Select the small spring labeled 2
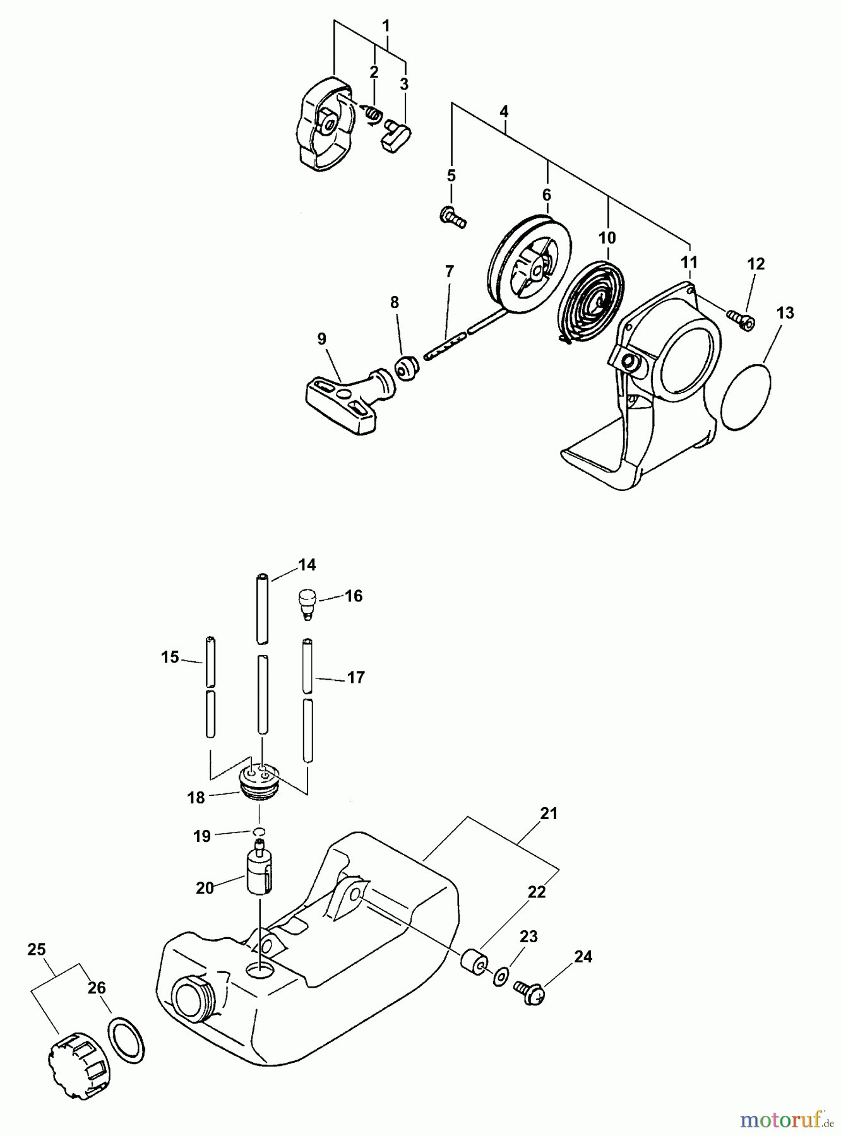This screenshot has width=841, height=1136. click(373, 114)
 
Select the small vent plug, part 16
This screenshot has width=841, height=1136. click(306, 603)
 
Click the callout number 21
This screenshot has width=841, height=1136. click(549, 814)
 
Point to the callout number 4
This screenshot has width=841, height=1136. click(503, 112)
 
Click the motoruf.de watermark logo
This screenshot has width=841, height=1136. click(785, 1120)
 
